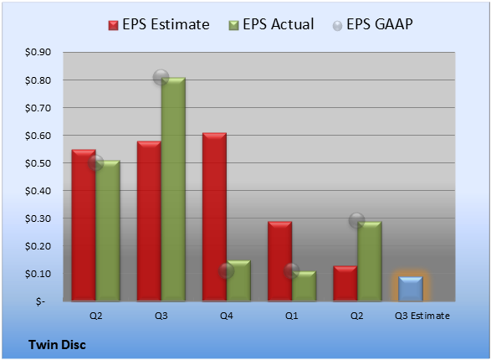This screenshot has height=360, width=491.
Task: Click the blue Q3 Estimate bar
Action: (x=411, y=289)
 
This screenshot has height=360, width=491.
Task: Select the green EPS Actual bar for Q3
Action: (x=173, y=189)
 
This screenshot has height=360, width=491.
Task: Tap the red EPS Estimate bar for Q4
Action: (x=214, y=217)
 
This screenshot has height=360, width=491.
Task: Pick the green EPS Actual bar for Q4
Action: (x=238, y=280)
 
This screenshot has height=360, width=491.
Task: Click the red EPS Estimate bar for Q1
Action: (x=280, y=261)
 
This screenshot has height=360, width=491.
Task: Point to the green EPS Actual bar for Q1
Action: (x=304, y=286)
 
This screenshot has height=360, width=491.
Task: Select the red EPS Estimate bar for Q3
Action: (x=149, y=221)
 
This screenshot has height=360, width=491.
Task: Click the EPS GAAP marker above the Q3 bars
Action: (x=161, y=77)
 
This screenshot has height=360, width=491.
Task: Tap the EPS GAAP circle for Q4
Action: (x=227, y=271)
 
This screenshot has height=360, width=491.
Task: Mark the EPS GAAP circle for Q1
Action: (x=292, y=271)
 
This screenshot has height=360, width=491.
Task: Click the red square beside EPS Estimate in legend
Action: (x=114, y=25)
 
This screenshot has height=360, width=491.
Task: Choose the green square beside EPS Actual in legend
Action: (x=233, y=25)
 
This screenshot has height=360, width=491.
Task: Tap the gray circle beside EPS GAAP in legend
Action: (x=337, y=26)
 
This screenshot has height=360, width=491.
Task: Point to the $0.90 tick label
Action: (x=38, y=52)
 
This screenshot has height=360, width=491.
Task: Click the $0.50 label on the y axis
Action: (x=38, y=163)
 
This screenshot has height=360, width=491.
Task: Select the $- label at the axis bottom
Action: (x=40, y=301)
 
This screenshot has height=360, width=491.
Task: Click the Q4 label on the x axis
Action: (x=227, y=316)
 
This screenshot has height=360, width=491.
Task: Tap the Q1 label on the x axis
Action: (x=292, y=316)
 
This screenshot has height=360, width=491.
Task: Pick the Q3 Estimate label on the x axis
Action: (x=422, y=316)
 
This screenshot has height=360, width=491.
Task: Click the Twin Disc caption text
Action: (x=57, y=345)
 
